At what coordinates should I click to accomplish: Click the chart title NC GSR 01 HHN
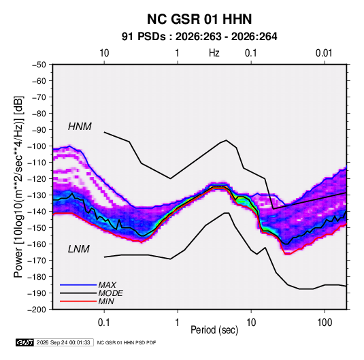[x=199, y=19]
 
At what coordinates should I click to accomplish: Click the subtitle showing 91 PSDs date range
[x=199, y=37]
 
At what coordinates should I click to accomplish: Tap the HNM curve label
[x=80, y=127]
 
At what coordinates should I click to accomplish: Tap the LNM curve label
[x=79, y=249]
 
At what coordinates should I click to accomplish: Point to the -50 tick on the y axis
[x=39, y=65]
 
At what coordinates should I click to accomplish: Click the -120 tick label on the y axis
[x=37, y=179]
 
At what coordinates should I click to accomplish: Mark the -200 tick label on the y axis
[x=37, y=310]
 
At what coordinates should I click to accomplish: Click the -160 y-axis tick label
[x=37, y=244]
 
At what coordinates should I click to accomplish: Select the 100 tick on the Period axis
[x=325, y=323]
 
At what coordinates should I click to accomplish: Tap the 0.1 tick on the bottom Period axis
[x=104, y=323]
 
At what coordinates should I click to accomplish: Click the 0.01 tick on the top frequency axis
[x=324, y=53]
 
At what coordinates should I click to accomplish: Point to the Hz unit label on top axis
[x=214, y=53]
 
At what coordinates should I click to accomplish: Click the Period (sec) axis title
[x=214, y=330]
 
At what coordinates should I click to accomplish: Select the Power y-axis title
[x=18, y=186]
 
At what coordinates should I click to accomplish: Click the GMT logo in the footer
[x=25, y=342]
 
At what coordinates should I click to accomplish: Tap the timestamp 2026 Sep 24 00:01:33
[x=63, y=342]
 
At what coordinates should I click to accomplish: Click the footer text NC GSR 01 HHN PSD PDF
[x=127, y=343]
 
